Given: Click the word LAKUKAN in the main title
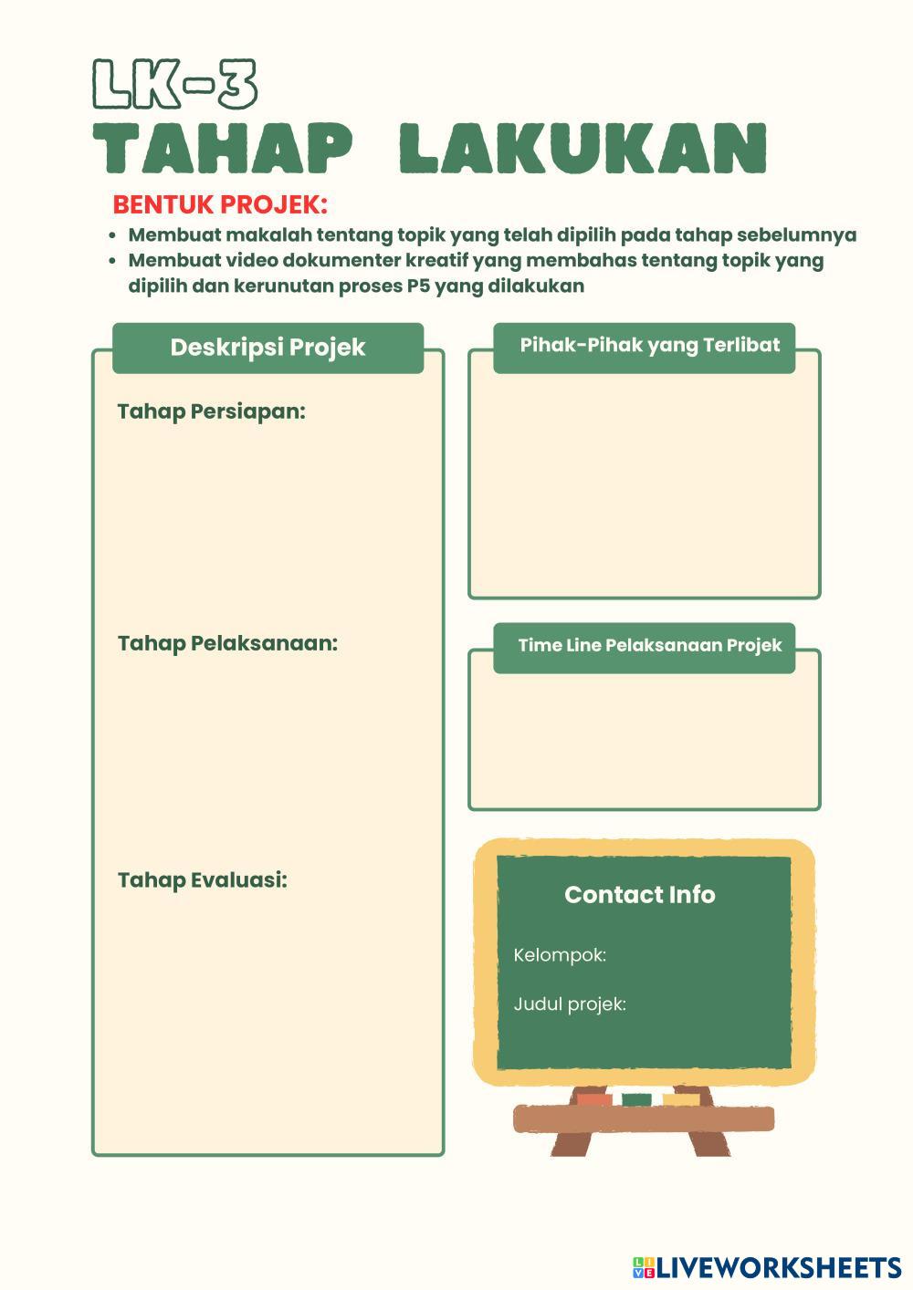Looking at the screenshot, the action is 582,148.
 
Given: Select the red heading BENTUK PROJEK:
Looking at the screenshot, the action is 220,203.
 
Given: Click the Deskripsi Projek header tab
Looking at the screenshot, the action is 268,348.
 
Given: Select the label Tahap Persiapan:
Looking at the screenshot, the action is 211,411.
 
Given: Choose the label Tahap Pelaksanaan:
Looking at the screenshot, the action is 227,643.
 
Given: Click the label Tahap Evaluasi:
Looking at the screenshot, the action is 202,880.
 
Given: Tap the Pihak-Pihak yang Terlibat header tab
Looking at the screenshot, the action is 649,346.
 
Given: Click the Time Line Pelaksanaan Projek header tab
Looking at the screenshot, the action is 649,646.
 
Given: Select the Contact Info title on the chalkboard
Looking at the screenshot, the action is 639,895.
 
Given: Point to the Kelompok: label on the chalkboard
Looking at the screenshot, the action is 560,955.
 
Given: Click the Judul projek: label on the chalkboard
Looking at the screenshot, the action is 570,1004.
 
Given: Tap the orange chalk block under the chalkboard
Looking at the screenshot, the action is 594,1099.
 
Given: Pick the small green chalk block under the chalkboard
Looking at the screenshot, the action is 636,1099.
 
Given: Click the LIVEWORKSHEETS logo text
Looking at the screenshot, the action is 778,1267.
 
